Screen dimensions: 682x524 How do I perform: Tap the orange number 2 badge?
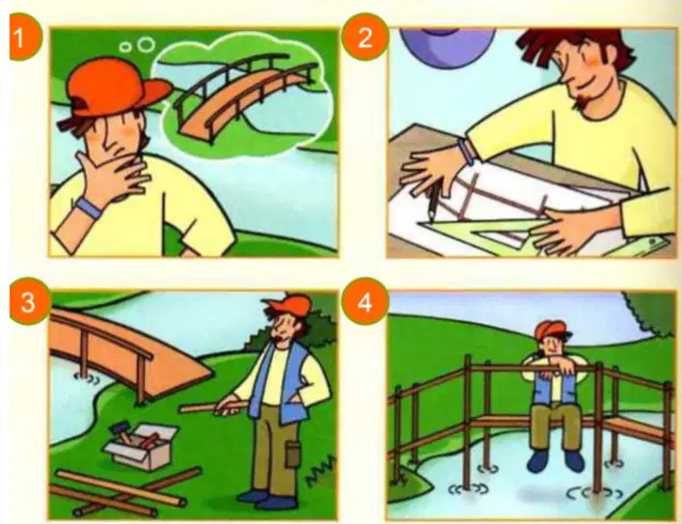tap(365, 37)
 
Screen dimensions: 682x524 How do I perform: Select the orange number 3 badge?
tap(29, 302)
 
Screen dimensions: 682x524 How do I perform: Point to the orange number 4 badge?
tap(365, 302)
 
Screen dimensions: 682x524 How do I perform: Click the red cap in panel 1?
tap(115, 89)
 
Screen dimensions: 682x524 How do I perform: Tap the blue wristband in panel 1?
tap(89, 207)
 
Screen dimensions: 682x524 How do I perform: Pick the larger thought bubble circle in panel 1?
tap(146, 44)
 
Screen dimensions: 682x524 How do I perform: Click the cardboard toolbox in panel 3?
tap(141, 447)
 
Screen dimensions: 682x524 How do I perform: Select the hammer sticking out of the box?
tap(120, 431)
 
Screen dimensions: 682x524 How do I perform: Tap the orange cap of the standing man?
tap(289, 306)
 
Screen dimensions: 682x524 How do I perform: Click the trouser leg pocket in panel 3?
tap(292, 453)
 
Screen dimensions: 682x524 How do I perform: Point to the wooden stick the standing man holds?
tap(213, 408)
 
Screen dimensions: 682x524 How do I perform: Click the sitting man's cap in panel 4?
tap(552, 329)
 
